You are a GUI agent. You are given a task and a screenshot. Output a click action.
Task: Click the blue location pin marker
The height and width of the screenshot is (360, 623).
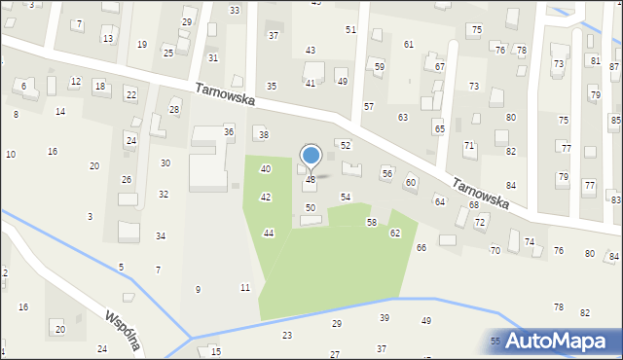pos(311,156)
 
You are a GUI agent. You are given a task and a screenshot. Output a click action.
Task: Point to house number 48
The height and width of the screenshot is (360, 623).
pos(311,180)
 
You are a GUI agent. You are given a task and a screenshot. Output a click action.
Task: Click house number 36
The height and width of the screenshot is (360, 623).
pos(229,131)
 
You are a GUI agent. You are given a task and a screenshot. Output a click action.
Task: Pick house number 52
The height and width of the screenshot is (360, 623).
pos(345,145)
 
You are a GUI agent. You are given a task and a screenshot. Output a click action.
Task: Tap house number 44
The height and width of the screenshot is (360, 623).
pos(269,233)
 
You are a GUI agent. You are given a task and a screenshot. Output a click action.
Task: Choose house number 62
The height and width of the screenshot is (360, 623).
pos(395,234)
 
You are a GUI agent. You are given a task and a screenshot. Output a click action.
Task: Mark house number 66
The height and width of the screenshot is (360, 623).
pos(421,248)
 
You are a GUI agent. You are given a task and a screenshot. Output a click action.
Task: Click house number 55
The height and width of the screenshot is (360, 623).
pos(495,341)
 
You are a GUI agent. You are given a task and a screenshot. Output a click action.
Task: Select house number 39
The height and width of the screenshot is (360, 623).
pos(385,318)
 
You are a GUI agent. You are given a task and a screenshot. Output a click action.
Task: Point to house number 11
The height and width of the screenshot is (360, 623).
pos(245,287)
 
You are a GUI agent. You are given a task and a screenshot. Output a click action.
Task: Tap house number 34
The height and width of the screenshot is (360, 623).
pos(161,236)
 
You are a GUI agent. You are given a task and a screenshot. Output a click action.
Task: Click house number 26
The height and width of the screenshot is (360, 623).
pos(127,180)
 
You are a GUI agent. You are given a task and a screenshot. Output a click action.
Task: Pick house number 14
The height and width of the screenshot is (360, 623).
pos(60,112)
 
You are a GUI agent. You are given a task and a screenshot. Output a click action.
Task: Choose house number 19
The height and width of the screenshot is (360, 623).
pos(142,45)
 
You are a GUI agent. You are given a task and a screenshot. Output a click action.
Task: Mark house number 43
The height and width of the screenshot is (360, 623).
pos(311,50)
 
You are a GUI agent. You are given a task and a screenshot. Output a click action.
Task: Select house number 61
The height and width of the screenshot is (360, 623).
pos(409,45)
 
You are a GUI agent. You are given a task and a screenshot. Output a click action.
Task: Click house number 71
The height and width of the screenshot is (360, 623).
pos(469,145)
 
